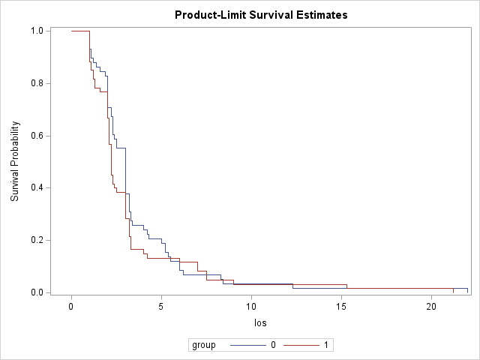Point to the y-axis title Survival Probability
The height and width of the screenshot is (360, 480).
(x=15, y=161)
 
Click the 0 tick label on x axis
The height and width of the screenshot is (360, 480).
(x=71, y=306)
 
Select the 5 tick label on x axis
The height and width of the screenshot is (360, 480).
(x=161, y=306)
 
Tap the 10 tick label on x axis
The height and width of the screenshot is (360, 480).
(x=251, y=306)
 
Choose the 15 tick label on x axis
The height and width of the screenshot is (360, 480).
(x=341, y=306)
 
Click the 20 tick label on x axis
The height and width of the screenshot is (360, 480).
(x=431, y=306)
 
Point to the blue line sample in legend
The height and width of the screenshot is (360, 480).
(x=247, y=345)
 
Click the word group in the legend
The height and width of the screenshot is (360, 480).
(x=204, y=345)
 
